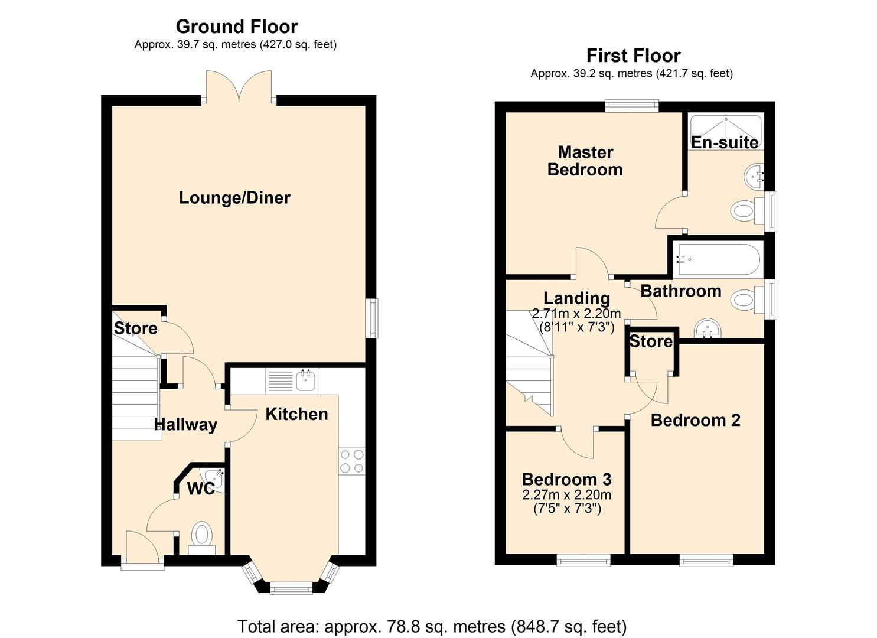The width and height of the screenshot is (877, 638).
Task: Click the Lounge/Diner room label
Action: pos(234,198)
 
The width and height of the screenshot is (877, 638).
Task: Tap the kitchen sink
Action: pos(306,381)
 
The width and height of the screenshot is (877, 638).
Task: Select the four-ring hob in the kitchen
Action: pos(351,461)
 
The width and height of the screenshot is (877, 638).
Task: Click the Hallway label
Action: pos(185,425)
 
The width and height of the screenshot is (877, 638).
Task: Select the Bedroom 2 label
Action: pos(695,421)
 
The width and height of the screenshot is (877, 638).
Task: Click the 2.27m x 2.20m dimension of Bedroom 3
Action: pos(566,495)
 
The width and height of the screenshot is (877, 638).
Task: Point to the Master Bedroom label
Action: pos(585,161)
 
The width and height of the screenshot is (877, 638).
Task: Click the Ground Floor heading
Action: pos(236,27)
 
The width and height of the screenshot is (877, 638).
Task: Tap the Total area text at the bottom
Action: pos(432,626)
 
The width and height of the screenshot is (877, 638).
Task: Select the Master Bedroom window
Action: pos(631,106)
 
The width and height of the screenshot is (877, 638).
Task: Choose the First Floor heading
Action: pos(633,56)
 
